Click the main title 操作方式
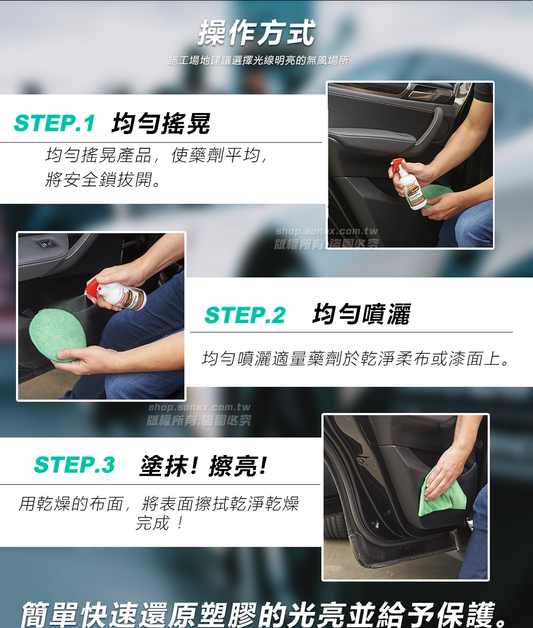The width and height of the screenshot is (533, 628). [x=256, y=33]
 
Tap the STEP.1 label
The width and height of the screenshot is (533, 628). [x=54, y=123]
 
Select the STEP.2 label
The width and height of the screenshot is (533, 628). [x=245, y=315]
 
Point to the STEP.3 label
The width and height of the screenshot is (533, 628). [x=75, y=465]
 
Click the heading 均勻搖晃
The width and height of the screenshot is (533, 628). [x=161, y=123]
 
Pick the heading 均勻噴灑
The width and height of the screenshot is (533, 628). [x=361, y=314]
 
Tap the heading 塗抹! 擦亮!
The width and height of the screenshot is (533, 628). [x=203, y=466]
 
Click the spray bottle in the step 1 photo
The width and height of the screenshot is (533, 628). [x=406, y=184]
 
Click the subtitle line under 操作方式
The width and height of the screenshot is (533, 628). [x=258, y=60]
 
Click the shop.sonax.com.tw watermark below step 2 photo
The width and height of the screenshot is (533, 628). [x=199, y=407]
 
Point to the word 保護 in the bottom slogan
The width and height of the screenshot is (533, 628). [x=465, y=614]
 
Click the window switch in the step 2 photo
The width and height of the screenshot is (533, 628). [x=43, y=243]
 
